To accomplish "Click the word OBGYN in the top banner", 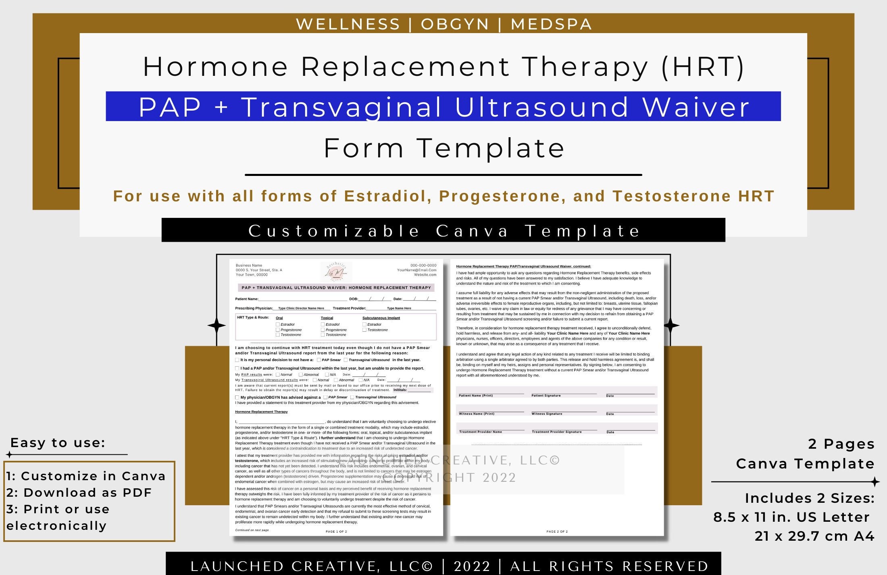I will [455, 24].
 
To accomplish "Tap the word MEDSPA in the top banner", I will [551, 24].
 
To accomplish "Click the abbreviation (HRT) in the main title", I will [703, 67].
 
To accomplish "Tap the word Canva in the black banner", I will [472, 231].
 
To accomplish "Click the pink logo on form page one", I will [336, 272].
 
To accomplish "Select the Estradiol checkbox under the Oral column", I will [278, 324].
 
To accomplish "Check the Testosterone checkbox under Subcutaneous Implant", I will [364, 330].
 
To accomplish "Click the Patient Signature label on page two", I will [546, 395].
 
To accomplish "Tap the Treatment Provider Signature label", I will [556, 432].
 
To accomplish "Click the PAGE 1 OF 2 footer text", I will [336, 531].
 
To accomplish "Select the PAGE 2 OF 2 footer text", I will [557, 531].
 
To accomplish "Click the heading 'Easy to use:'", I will [58, 443].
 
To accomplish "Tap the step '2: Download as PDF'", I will [79, 493].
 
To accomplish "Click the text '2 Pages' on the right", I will [841, 444].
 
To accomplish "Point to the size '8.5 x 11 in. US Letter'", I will [791, 517].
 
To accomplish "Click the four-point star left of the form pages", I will [217, 326].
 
